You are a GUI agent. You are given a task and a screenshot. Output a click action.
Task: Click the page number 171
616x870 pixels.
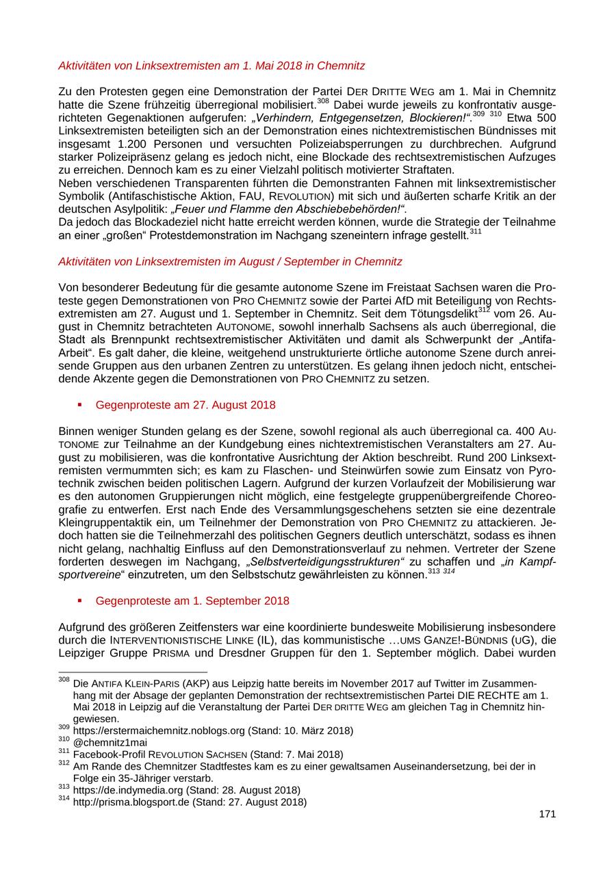[547, 814]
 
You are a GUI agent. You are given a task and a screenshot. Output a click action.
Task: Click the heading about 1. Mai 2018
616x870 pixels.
[211, 66]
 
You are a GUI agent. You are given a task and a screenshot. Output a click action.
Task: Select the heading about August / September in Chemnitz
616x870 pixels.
[230, 261]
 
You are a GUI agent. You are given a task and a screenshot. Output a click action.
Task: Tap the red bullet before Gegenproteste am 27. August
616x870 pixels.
[80, 405]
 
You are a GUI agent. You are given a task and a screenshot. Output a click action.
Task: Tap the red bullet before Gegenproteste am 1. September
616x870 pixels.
[80, 601]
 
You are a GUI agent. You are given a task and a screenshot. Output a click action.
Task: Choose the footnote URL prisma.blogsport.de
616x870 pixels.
[130, 802]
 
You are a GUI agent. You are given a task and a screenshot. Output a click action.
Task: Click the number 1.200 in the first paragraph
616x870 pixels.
[134, 144]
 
